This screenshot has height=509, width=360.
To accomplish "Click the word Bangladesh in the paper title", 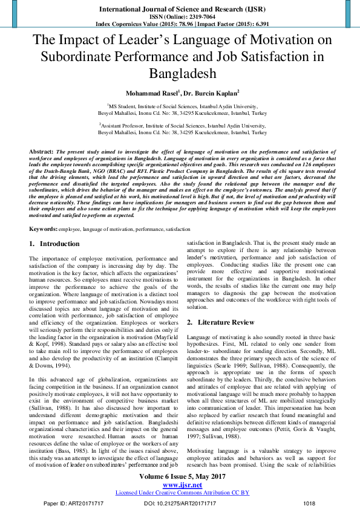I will [x=180, y=74].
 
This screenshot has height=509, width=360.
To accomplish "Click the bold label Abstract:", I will [x=41, y=149].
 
